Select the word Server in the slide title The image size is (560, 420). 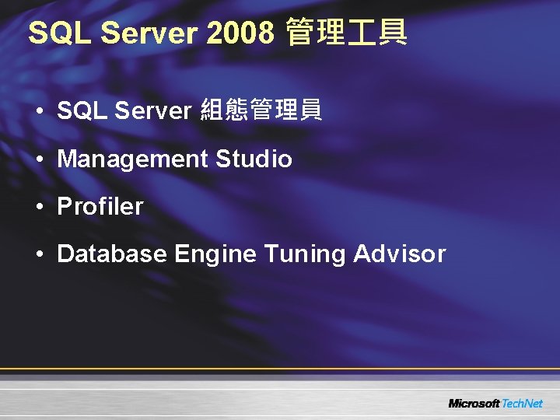149,33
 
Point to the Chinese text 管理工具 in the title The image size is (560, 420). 346,33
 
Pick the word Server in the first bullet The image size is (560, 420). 152,111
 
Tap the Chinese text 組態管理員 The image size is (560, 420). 261,111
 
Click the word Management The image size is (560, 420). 133,159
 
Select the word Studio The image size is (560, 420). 254,159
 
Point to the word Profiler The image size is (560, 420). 100,207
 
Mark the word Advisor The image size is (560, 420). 400,254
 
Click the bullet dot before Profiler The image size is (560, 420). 39,208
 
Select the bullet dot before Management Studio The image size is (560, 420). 39,160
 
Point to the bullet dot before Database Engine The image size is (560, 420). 39,255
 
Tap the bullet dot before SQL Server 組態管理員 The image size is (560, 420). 39,112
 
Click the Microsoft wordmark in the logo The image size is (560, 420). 474,403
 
